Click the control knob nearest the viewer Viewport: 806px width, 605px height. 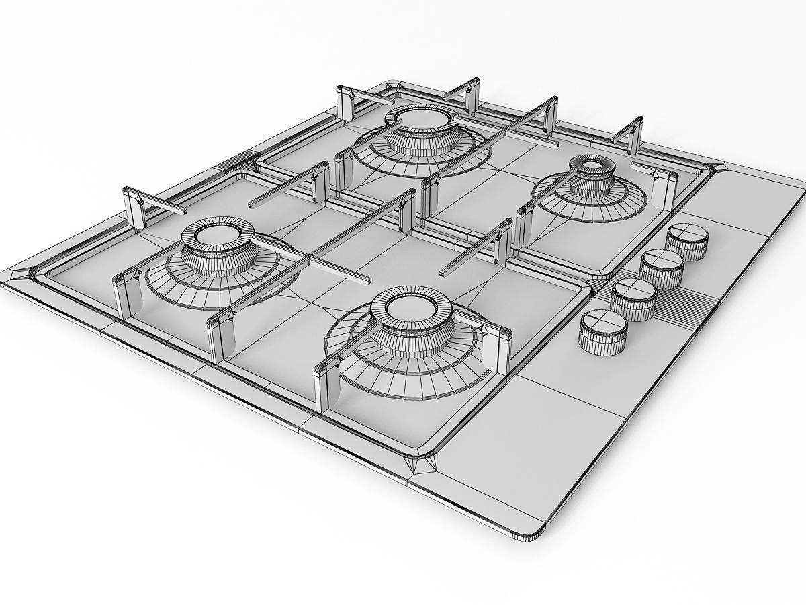(x=602, y=323)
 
